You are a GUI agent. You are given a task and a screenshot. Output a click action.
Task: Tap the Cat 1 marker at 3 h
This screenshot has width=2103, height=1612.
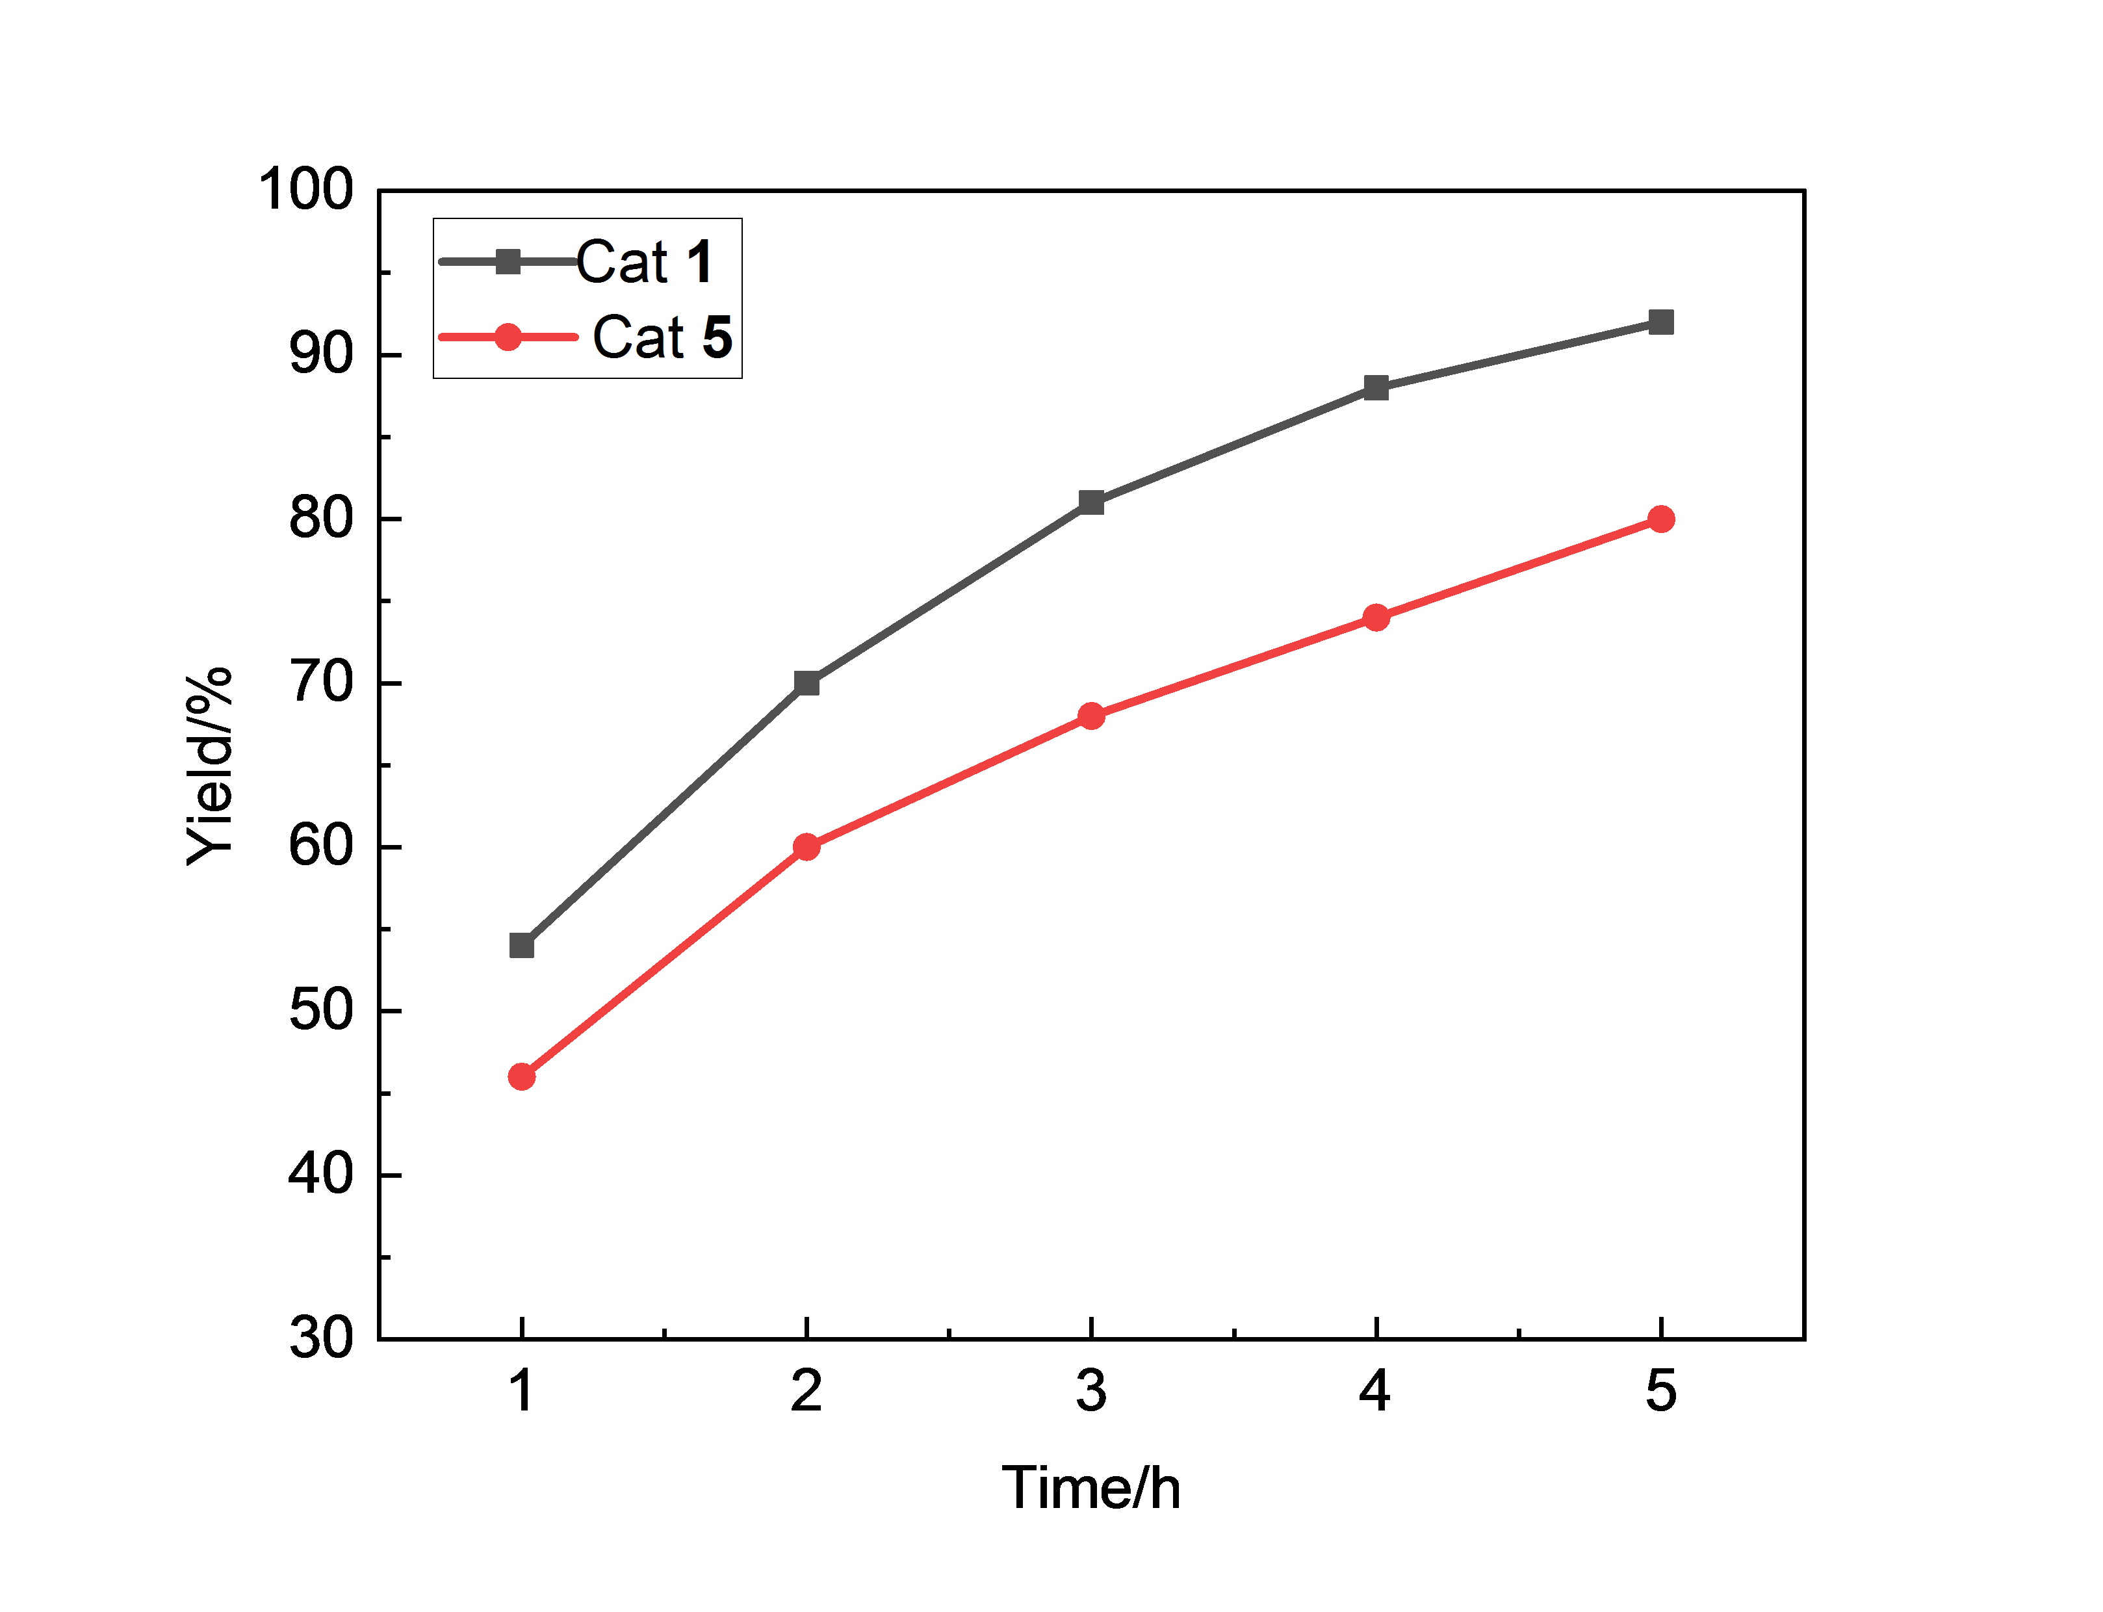click(1091, 502)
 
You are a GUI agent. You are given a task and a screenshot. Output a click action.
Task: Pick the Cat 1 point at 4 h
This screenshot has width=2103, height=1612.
click(1376, 387)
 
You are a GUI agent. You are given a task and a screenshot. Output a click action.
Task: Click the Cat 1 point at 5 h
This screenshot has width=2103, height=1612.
click(1660, 322)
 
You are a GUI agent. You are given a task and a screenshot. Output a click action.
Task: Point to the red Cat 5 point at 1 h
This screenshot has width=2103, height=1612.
click(521, 1076)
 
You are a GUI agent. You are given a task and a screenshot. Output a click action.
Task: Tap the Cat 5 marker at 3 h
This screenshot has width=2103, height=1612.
click(1091, 716)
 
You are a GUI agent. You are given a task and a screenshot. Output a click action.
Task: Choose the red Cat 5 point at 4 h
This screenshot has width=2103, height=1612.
click(1376, 617)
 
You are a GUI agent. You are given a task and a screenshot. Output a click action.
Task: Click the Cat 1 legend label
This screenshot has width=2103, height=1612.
click(645, 261)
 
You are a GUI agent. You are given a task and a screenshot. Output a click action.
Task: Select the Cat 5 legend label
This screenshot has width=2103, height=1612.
click(662, 337)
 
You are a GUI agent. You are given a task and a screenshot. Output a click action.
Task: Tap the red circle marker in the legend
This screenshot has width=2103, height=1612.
click(508, 337)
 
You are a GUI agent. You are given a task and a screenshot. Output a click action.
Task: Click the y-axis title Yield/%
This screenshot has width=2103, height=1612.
click(210, 765)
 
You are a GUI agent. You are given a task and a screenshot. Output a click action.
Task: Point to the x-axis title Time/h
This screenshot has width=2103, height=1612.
click(1091, 1488)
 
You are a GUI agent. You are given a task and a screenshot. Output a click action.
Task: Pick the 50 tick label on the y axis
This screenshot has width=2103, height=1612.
click(322, 1010)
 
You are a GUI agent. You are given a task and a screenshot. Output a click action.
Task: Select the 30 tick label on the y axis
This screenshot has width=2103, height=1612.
click(322, 1338)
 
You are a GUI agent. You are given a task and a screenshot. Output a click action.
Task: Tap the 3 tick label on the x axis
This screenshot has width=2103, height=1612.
click(1091, 1390)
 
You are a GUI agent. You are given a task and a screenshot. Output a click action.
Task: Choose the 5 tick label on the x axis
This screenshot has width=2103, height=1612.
click(1660, 1390)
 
